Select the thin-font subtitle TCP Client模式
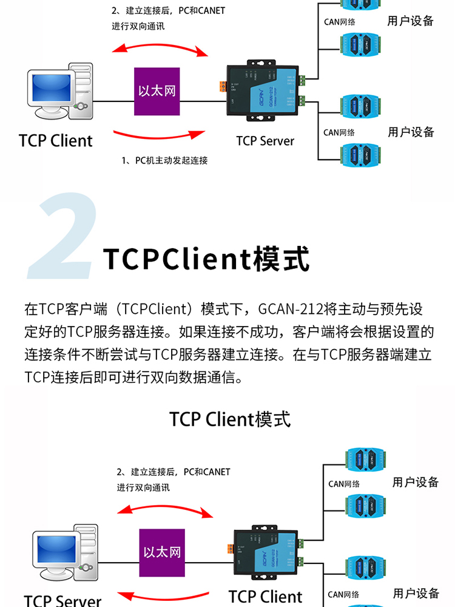(x=230, y=419)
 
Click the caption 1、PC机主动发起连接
(x=164, y=160)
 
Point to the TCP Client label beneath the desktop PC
(x=56, y=141)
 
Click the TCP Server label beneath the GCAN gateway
(x=265, y=141)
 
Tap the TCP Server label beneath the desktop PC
(x=62, y=600)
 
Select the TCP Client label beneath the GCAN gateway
(x=265, y=596)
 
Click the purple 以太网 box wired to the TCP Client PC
(x=157, y=91)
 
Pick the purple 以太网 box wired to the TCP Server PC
(x=162, y=552)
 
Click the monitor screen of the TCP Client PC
(x=50, y=89)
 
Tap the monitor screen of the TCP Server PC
(x=55, y=549)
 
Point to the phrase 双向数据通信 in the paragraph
(x=200, y=378)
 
